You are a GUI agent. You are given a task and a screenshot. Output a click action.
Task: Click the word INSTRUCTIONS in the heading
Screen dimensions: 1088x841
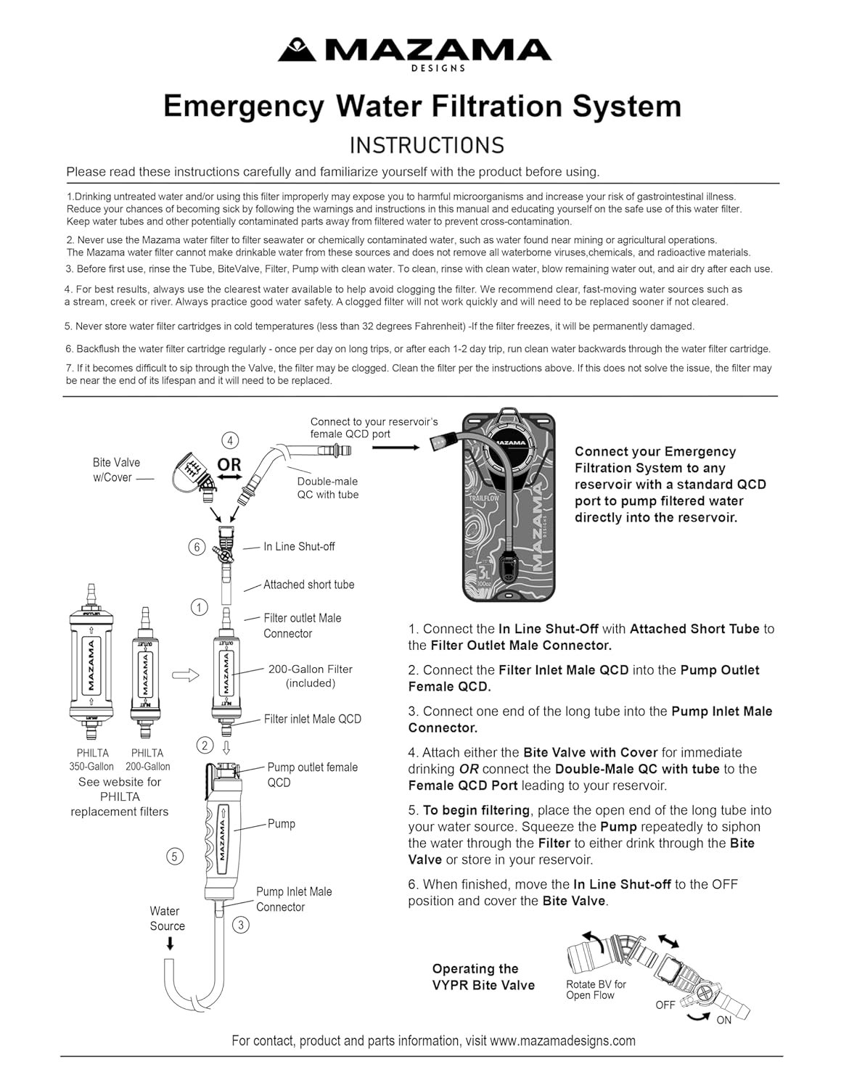click(x=427, y=145)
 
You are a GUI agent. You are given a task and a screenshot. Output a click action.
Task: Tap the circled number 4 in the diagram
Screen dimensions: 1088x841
click(x=230, y=440)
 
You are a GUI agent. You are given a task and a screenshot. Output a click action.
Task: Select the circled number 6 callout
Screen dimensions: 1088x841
click(x=197, y=547)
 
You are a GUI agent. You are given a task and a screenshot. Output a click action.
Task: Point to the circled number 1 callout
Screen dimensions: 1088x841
click(x=199, y=607)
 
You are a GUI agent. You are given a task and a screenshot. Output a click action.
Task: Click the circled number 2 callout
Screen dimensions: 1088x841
click(x=205, y=745)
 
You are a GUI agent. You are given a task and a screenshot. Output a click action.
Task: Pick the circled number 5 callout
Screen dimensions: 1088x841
click(x=174, y=856)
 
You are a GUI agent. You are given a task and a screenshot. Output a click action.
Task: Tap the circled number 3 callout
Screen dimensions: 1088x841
click(x=241, y=925)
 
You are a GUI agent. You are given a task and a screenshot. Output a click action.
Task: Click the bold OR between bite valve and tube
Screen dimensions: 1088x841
click(x=229, y=464)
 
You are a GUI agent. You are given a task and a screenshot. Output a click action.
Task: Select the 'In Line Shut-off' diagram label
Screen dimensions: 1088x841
click(x=299, y=547)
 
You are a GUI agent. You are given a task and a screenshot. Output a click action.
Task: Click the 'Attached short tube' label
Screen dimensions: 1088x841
click(x=308, y=585)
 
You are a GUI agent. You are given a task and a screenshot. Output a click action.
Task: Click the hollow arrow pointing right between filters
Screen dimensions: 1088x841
click(x=185, y=675)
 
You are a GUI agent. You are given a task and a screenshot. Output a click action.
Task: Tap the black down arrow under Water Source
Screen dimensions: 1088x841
click(x=171, y=944)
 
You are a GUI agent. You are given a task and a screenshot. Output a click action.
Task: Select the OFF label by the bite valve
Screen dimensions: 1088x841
click(x=665, y=1005)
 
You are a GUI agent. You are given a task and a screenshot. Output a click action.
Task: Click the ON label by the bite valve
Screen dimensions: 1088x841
click(x=724, y=1020)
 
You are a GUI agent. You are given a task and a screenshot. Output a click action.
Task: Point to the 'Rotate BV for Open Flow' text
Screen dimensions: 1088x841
click(x=596, y=990)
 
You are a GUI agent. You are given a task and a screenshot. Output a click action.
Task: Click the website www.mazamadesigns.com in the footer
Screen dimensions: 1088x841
click(x=562, y=1041)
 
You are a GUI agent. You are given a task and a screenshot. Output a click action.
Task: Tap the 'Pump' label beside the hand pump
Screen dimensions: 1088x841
click(x=281, y=824)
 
